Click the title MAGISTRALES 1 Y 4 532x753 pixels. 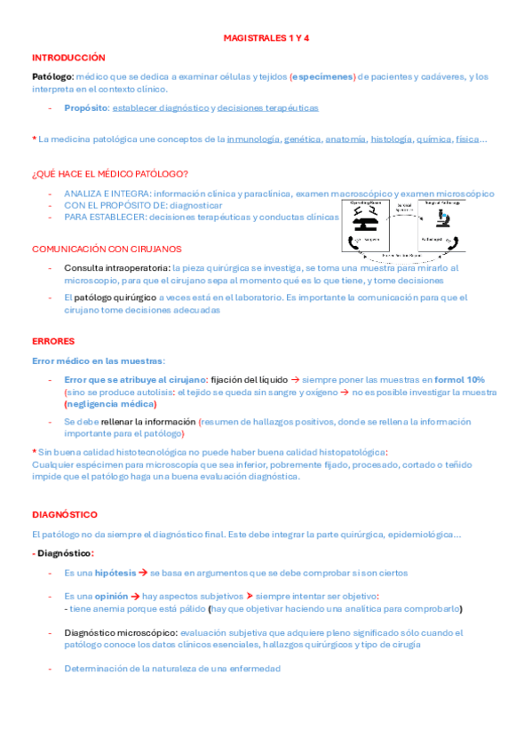click(x=266, y=39)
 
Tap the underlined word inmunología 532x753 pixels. click(x=252, y=139)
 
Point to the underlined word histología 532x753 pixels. click(x=391, y=139)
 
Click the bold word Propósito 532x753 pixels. click(x=86, y=108)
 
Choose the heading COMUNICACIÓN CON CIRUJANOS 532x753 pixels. click(x=107, y=249)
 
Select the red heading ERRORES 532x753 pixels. click(x=53, y=341)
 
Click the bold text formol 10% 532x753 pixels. click(x=459, y=379)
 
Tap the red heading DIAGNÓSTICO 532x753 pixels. click(x=65, y=514)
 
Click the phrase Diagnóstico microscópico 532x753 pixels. click(x=115, y=633)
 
